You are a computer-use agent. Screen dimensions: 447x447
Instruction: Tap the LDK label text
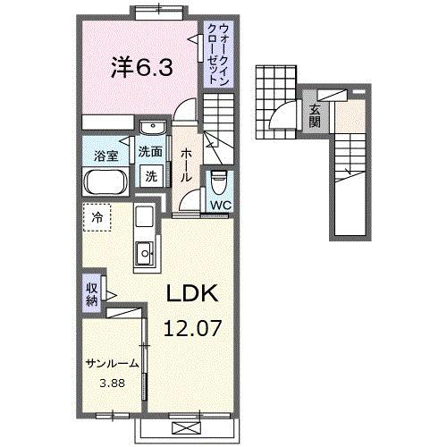pos(190,296)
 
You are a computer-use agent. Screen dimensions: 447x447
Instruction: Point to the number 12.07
pos(190,328)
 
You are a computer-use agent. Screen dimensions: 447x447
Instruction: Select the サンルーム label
pos(113,363)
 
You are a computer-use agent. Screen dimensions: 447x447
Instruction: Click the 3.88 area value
pos(112,385)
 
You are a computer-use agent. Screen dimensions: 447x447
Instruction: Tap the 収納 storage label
pos(92,294)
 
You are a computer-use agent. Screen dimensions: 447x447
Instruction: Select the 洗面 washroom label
pos(149,151)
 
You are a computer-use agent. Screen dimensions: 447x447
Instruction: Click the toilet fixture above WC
pos(219,181)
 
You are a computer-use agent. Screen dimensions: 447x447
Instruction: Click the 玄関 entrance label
pos(315,117)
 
